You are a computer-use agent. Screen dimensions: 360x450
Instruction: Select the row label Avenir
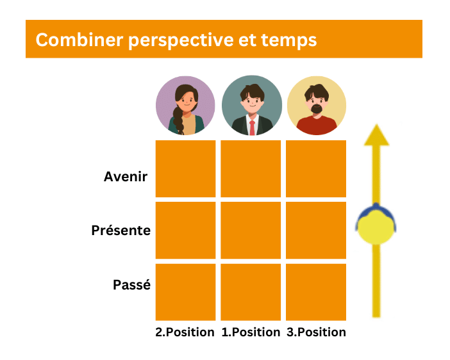tap(126, 177)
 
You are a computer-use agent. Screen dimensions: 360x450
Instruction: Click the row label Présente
tap(121, 230)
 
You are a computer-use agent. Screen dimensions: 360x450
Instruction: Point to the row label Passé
tap(131, 284)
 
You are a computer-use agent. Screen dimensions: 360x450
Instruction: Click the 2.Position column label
tap(185, 332)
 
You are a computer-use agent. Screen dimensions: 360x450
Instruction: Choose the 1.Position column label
tap(251, 332)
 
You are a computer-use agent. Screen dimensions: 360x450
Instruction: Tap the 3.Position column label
tap(316, 332)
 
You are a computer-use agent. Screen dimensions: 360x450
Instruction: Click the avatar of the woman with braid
tap(185, 106)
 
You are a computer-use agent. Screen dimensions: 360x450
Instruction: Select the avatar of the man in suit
tap(251, 106)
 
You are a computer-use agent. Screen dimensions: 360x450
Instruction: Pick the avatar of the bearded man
tap(316, 106)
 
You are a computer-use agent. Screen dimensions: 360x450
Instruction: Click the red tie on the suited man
tap(252, 126)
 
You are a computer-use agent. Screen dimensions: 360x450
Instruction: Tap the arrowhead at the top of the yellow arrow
tap(376, 135)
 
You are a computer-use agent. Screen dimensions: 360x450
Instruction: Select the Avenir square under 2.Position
tap(185, 168)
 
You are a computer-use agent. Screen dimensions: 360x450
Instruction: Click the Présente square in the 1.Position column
tap(251, 230)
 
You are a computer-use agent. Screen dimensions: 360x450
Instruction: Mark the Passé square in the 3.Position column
tap(316, 292)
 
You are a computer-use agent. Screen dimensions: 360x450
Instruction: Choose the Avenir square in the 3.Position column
tap(316, 168)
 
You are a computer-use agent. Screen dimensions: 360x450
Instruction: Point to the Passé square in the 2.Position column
tap(185, 292)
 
